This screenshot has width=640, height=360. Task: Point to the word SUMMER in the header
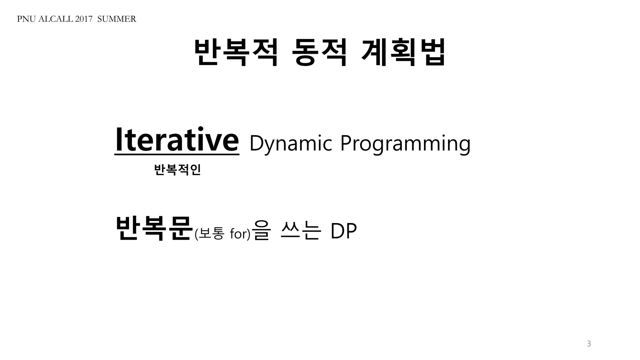point(117,19)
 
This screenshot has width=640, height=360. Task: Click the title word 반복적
point(236,52)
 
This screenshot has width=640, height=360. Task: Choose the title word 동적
point(319,52)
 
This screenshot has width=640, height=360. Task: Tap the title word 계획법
point(403,52)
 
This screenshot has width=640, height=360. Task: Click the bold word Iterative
point(177,140)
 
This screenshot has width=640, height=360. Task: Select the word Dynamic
point(290,143)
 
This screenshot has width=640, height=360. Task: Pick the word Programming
point(405,144)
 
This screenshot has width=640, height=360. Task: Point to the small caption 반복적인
point(177,170)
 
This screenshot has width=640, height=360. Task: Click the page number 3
point(589,344)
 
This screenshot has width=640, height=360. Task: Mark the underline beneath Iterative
point(177,154)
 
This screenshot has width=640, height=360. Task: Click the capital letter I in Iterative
point(118,140)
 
